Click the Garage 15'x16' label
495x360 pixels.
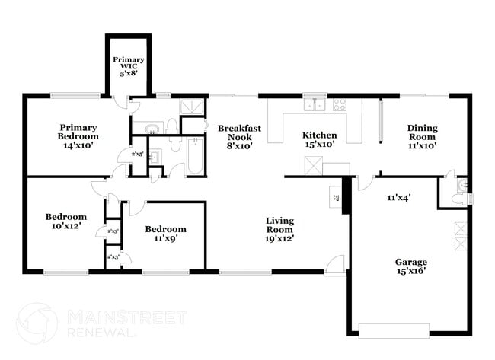[x=410, y=266]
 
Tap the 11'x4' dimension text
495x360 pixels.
[x=399, y=198]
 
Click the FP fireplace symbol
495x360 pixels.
[x=337, y=199]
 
